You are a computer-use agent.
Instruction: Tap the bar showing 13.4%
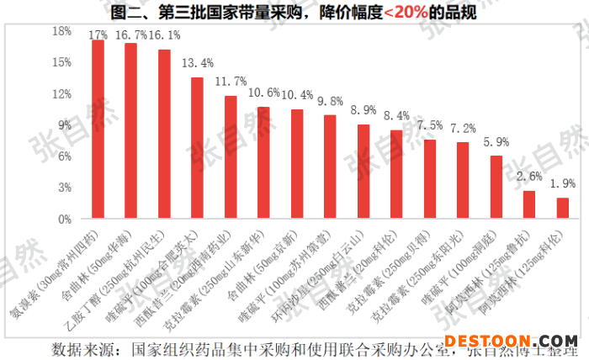(x=197, y=148)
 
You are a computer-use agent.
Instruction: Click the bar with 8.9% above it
(x=363, y=172)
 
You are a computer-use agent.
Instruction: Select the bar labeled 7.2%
(x=463, y=181)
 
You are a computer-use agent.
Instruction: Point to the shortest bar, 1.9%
(x=563, y=209)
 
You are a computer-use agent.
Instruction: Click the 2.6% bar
(x=529, y=204)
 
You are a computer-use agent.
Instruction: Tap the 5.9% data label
(x=496, y=141)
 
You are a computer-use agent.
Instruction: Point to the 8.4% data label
(x=396, y=115)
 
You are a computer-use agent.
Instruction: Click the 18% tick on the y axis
(x=62, y=31)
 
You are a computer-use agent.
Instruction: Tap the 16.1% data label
(x=164, y=35)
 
